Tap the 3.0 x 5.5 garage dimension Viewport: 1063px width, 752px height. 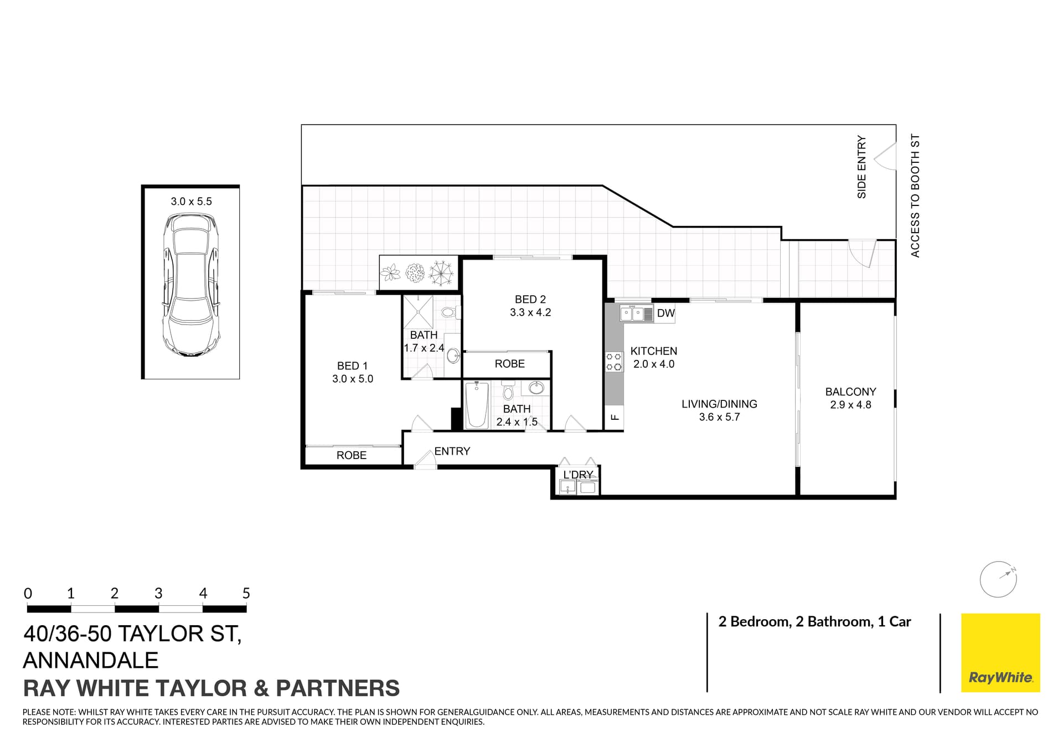coord(191,202)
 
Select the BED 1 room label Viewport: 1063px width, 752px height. coord(352,366)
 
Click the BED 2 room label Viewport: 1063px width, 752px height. coord(530,300)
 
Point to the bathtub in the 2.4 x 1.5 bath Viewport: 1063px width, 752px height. coord(476,405)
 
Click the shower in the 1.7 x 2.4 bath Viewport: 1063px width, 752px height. coord(418,312)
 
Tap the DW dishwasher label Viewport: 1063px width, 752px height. coord(665,313)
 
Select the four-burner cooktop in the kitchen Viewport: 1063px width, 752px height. coord(613,362)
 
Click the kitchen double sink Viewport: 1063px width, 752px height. coord(632,314)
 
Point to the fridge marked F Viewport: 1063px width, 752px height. coord(614,417)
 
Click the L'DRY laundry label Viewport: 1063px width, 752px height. coord(577,475)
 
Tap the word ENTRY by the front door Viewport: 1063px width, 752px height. coord(452,451)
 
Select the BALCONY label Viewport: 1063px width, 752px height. coord(850,392)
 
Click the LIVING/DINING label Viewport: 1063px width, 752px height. coord(719,404)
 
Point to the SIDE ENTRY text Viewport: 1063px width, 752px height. coord(861,167)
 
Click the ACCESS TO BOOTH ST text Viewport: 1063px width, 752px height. coord(915,195)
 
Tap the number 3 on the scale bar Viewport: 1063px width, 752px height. coord(158,594)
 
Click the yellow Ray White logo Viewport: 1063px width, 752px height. coord(1000,652)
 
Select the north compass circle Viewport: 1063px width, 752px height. coord(998,580)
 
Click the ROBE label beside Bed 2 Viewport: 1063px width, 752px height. coord(509,364)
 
